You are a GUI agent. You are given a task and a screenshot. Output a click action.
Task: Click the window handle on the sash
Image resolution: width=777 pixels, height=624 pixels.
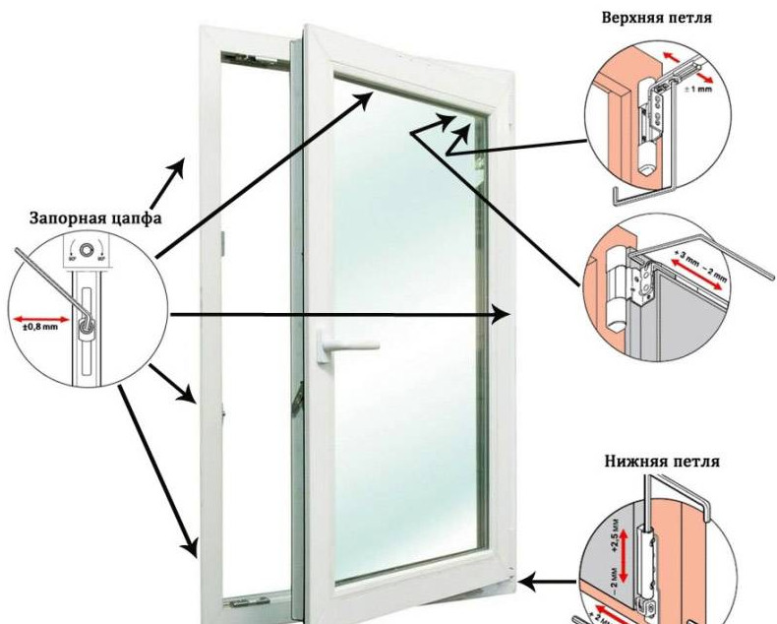click(x=338, y=344)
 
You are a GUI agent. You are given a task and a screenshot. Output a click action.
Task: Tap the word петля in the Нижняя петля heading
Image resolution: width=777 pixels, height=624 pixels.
click(x=697, y=461)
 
